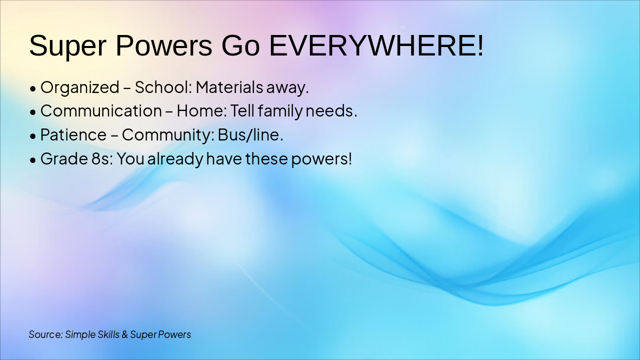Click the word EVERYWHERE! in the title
[x=376, y=45]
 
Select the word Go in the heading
[x=240, y=45]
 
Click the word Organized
[x=80, y=87]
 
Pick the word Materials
[x=229, y=87]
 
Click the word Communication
[x=101, y=111]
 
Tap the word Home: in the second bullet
[x=201, y=111]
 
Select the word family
[x=280, y=111]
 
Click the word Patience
[x=73, y=135]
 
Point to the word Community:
[x=168, y=135]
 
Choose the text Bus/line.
[x=250, y=134]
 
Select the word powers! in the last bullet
[x=321, y=159]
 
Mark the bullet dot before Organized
[x=33, y=89]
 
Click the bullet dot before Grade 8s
[x=33, y=160]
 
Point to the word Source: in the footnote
[x=45, y=334]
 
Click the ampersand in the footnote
[x=124, y=334]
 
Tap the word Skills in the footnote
[x=108, y=334]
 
